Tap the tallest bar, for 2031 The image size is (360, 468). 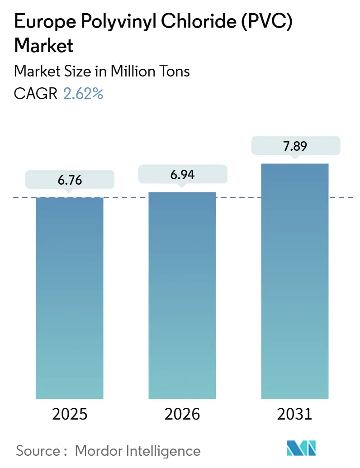point(295,281)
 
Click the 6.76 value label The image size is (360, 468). point(70,180)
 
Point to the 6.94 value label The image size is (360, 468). point(182,174)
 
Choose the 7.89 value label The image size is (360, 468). point(295,146)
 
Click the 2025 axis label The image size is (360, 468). point(70,414)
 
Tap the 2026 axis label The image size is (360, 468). point(182,414)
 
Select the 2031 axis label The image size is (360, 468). point(295,414)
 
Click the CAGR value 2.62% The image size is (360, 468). point(83,94)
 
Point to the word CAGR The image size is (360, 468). point(36,94)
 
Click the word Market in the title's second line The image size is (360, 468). point(44,46)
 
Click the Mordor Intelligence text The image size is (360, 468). point(137,450)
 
